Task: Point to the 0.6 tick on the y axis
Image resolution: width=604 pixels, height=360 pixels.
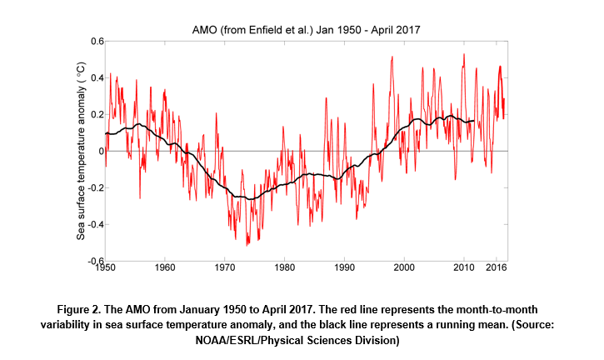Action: point(97,42)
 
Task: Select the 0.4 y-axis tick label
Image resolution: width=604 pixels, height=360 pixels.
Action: point(97,78)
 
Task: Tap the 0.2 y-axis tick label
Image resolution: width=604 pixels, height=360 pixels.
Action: point(97,115)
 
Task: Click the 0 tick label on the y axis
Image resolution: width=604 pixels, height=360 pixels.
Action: point(99,151)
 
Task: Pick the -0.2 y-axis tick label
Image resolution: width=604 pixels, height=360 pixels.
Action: point(95,187)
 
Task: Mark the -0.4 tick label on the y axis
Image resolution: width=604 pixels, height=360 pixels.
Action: point(95,224)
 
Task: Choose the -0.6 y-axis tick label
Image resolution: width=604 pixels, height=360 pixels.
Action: point(95,261)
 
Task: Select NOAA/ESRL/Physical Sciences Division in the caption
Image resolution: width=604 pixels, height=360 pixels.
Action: point(302,340)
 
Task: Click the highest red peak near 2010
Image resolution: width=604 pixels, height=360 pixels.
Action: point(464,54)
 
